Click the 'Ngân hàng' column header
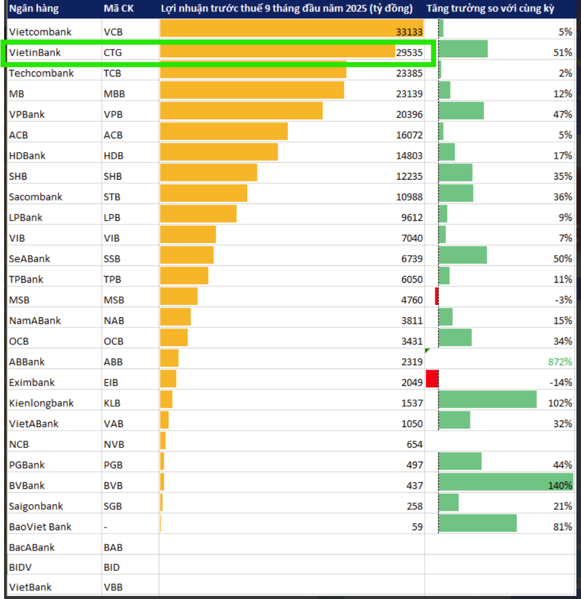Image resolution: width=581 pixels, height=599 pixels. click(34, 9)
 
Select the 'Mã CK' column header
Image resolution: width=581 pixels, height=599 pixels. click(118, 9)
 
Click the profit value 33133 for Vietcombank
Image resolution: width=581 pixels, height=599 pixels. click(409, 32)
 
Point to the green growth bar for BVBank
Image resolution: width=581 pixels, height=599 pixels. click(505, 482)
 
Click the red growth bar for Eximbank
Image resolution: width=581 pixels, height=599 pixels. click(432, 379)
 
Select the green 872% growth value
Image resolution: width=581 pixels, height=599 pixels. click(560, 362)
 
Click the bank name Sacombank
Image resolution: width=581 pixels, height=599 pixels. click(36, 197)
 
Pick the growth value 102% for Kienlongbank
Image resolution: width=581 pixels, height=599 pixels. click(560, 404)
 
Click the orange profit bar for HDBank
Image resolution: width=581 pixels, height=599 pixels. click(219, 152)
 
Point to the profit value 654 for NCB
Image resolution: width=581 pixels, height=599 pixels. click(414, 445)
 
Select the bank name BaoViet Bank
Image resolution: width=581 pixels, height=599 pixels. click(40, 527)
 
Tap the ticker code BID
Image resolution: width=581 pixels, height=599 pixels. click(112, 567)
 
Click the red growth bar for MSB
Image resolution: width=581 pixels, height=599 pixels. click(437, 296)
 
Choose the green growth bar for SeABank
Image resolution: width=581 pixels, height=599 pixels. click(463, 255)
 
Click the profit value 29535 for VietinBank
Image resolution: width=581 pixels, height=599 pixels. click(409, 53)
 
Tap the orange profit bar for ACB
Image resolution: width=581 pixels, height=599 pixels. click(224, 131)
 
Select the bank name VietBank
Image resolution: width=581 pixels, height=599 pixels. click(31, 587)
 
